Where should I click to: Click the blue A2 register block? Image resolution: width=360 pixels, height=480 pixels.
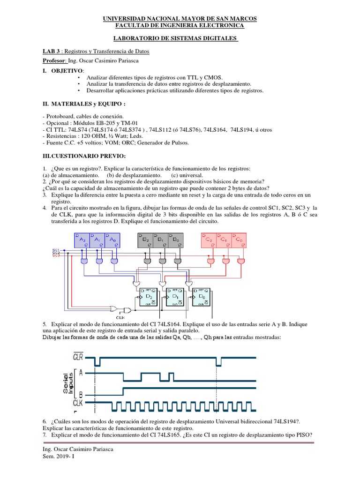tap(82, 240)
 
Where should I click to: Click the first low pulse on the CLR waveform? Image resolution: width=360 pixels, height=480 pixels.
tap(97, 362)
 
